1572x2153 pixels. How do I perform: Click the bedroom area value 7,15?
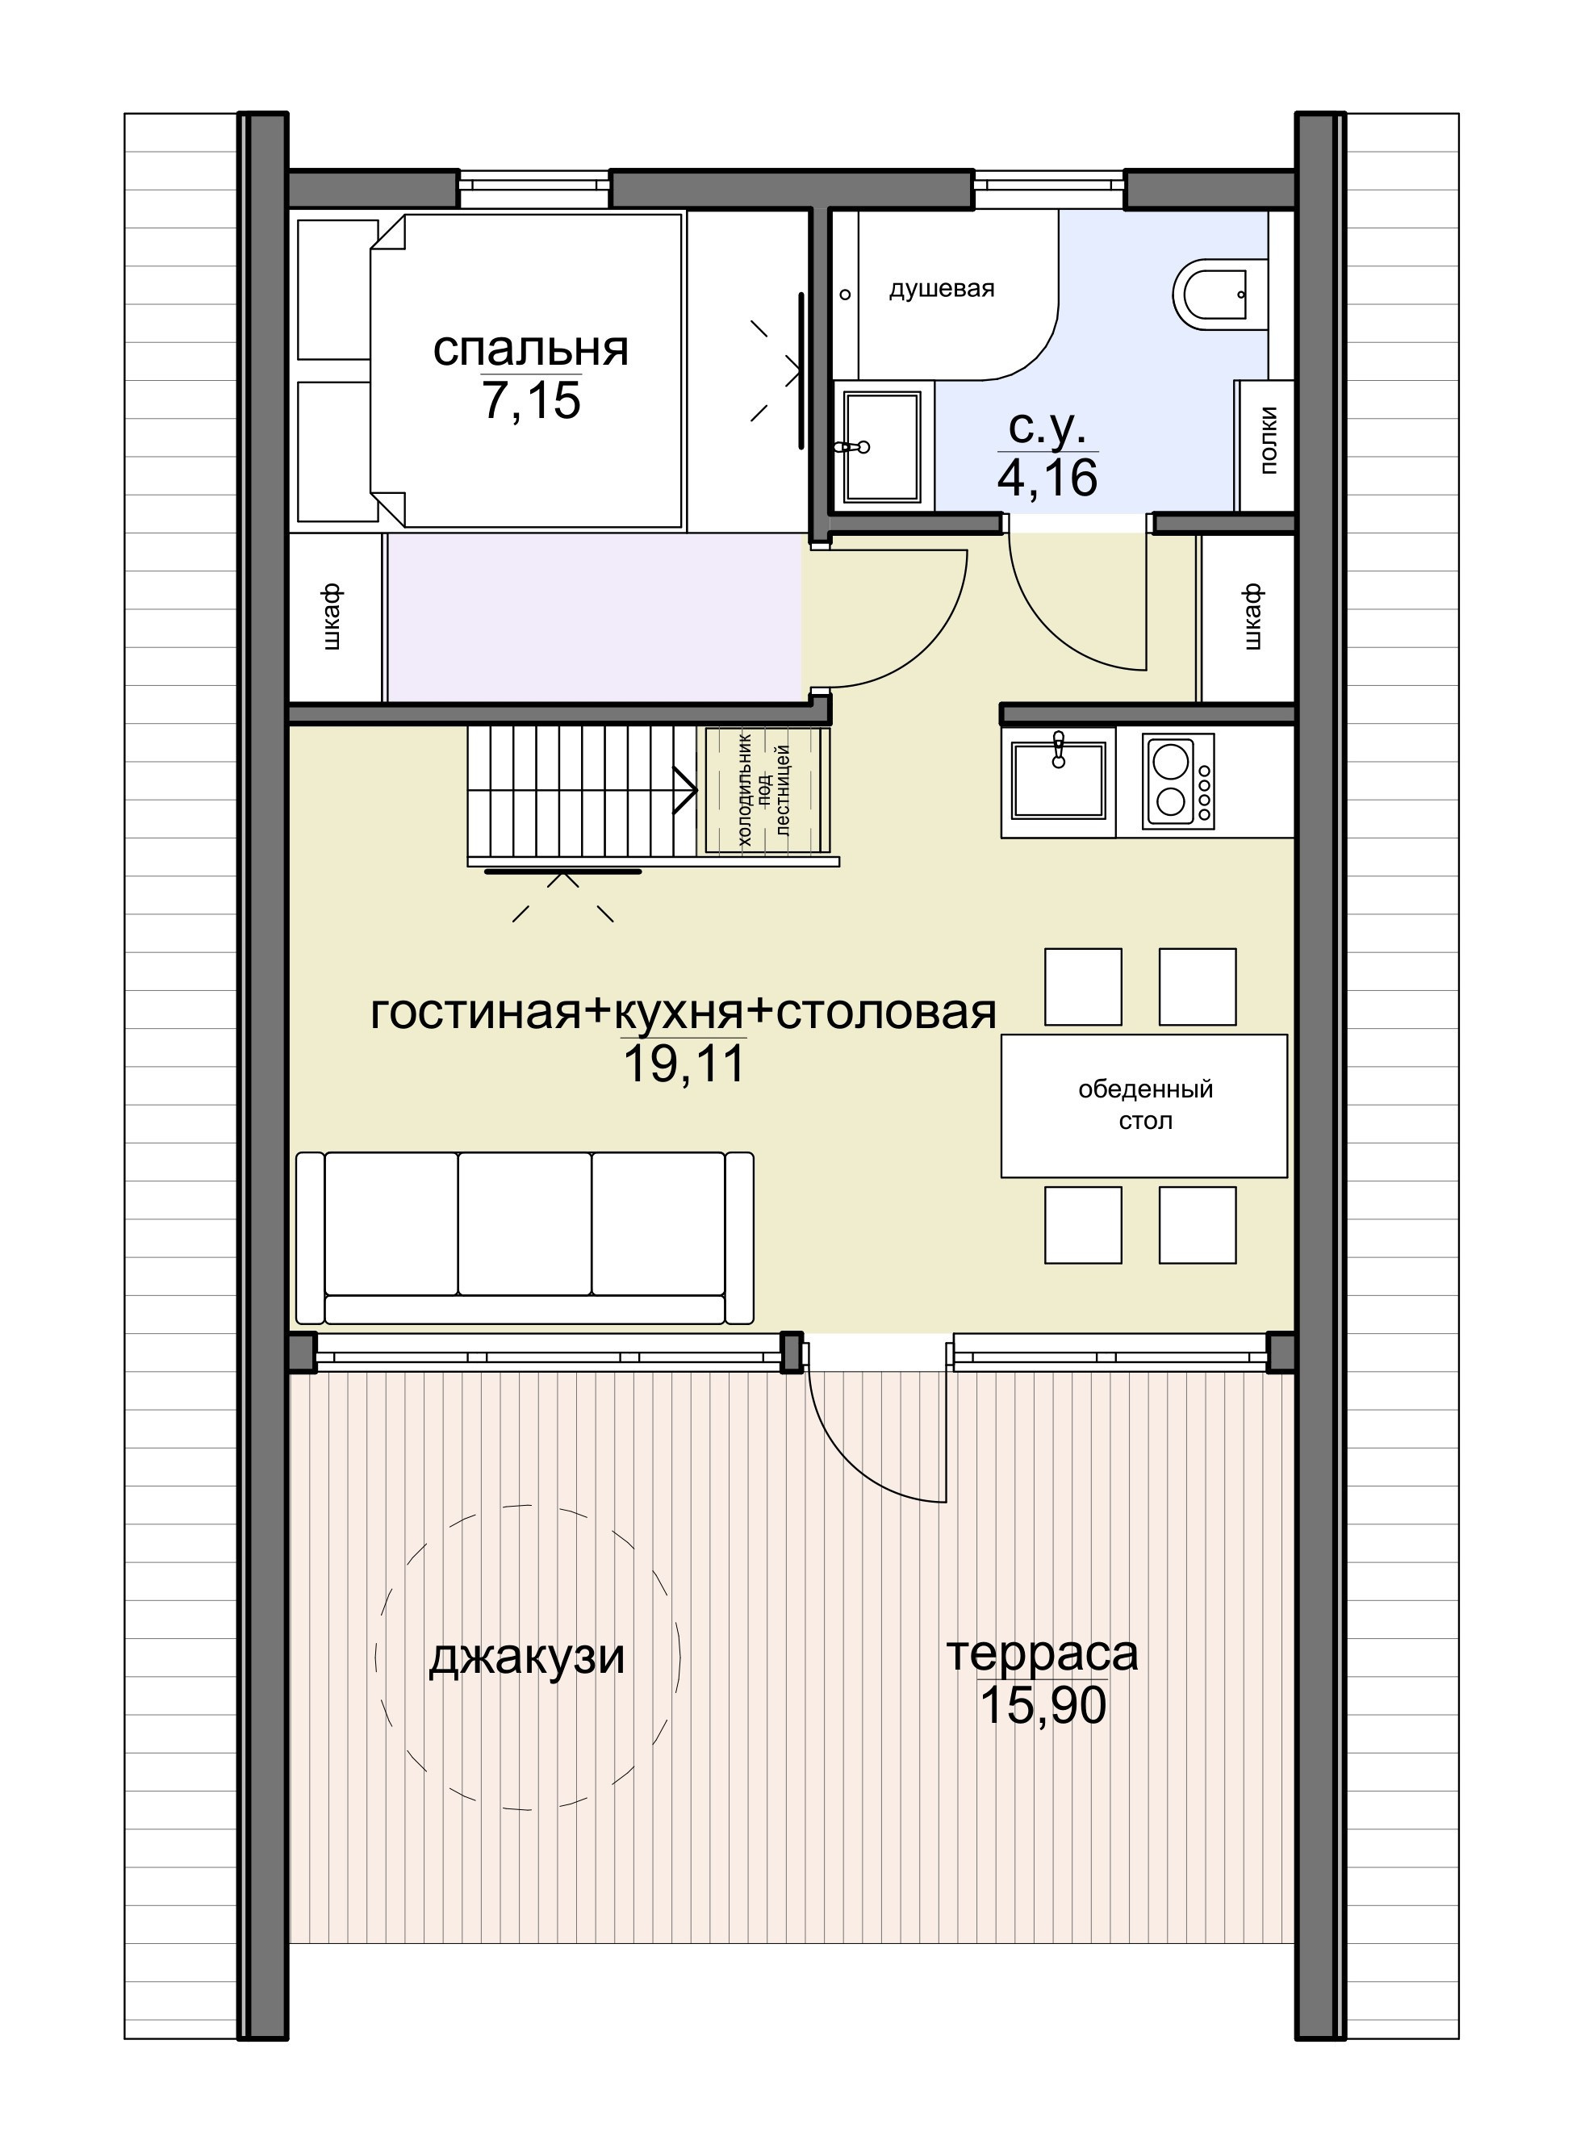coord(530,399)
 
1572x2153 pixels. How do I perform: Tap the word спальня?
coord(530,349)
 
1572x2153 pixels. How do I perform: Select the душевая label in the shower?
coord(941,289)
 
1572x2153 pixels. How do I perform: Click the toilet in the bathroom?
coord(1209,294)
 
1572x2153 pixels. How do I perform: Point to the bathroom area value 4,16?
coord(1047,478)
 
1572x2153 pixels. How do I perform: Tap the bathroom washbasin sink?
coord(881,446)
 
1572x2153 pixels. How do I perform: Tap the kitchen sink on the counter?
coord(1058,781)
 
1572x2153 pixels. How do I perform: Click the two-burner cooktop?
coord(1178,782)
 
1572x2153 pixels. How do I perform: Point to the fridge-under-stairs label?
coord(764,791)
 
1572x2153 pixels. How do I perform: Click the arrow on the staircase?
coord(684,790)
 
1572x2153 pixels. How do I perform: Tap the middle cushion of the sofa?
coord(525,1223)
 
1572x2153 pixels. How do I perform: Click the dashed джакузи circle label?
coord(526,1658)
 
